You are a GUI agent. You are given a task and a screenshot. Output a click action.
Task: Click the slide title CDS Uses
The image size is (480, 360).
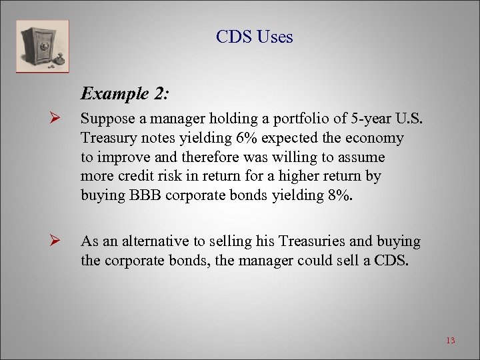pyautogui.click(x=254, y=37)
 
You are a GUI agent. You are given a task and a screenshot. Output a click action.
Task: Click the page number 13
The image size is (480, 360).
pyautogui.click(x=450, y=341)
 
